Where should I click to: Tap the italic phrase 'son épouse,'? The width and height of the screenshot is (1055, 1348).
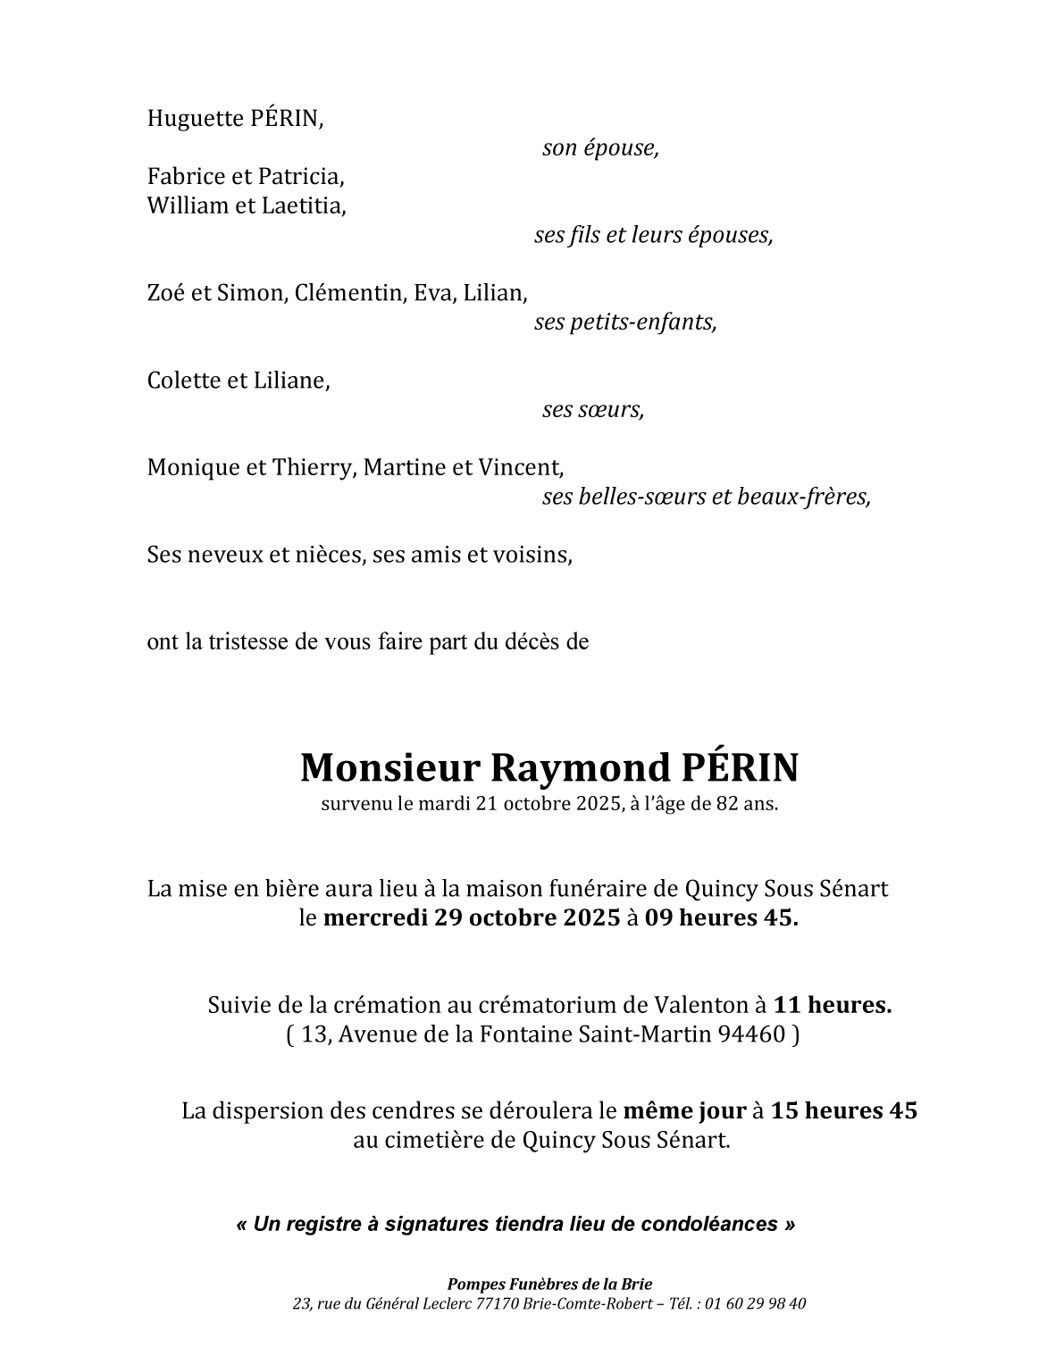pyautogui.click(x=600, y=148)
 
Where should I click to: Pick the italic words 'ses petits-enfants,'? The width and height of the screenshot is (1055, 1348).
pyautogui.click(x=625, y=322)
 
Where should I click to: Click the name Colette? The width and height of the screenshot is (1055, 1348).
pyautogui.click(x=184, y=381)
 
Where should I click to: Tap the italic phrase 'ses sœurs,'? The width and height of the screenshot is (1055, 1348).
pyautogui.click(x=592, y=410)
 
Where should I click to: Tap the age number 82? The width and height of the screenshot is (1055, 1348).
pyautogui.click(x=728, y=803)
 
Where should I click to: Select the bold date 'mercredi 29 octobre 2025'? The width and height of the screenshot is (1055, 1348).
pyautogui.click(x=471, y=918)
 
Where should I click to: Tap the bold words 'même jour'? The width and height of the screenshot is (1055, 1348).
pyautogui.click(x=683, y=1111)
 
